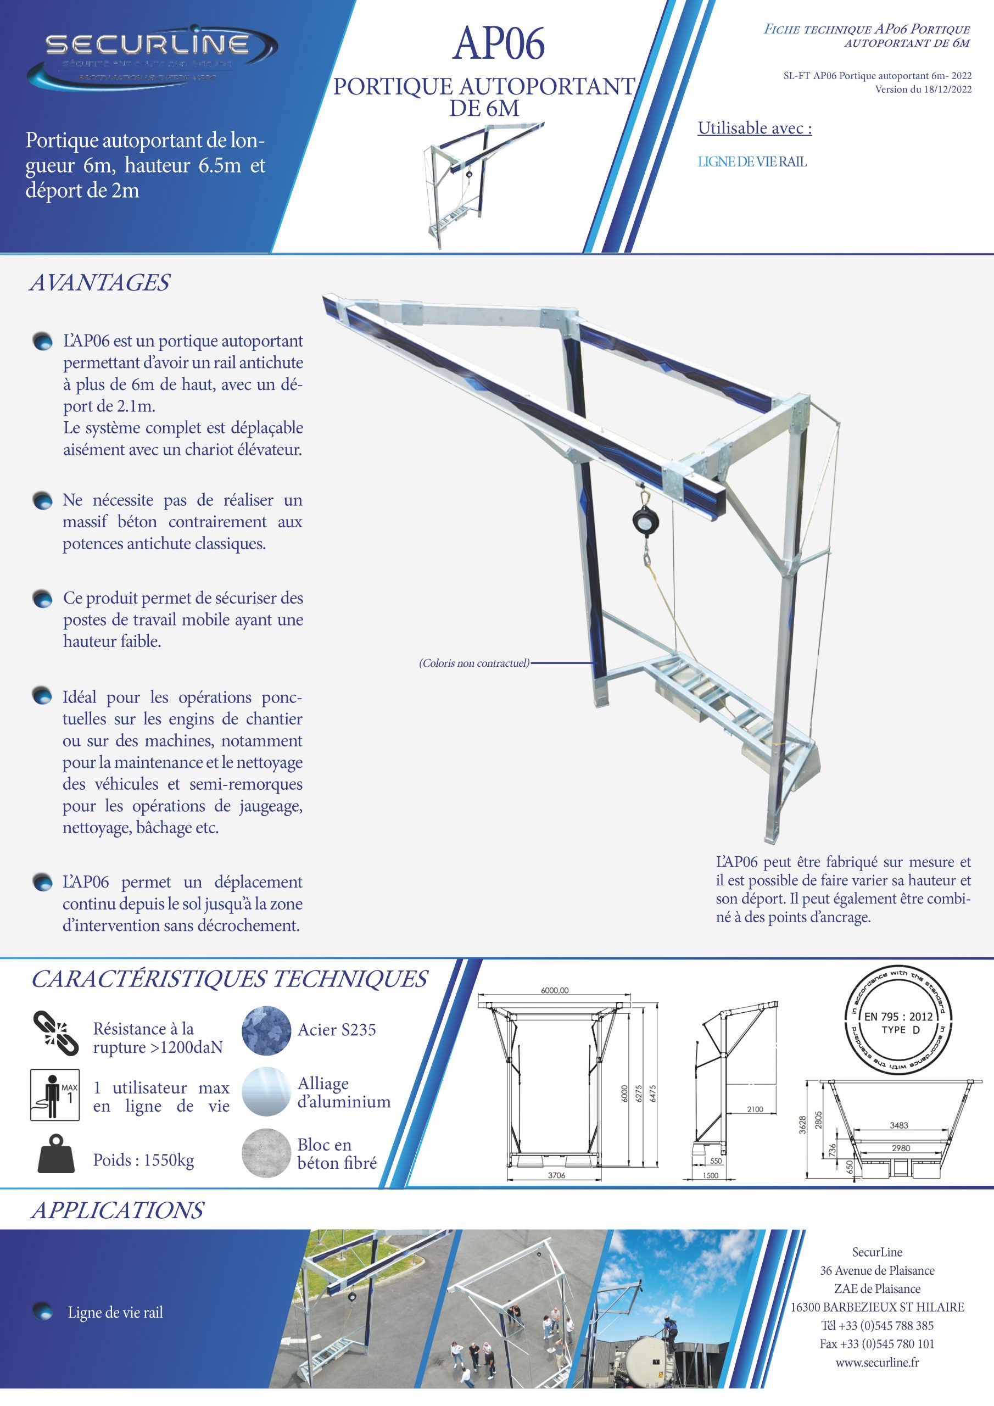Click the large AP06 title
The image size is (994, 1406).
(x=499, y=43)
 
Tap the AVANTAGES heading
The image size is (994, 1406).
(x=99, y=282)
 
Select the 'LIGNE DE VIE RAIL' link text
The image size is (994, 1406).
(x=752, y=161)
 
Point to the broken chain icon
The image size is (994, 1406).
(x=55, y=1034)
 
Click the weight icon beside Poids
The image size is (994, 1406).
(x=55, y=1154)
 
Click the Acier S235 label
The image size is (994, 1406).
(x=337, y=1030)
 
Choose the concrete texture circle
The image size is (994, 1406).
(x=266, y=1153)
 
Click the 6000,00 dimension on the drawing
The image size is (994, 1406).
(x=554, y=990)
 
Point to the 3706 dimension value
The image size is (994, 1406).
(x=556, y=1175)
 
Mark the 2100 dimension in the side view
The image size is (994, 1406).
(x=755, y=1109)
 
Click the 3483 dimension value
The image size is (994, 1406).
(x=898, y=1125)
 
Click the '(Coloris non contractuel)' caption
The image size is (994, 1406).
(x=474, y=663)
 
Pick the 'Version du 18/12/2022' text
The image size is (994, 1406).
(x=923, y=90)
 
